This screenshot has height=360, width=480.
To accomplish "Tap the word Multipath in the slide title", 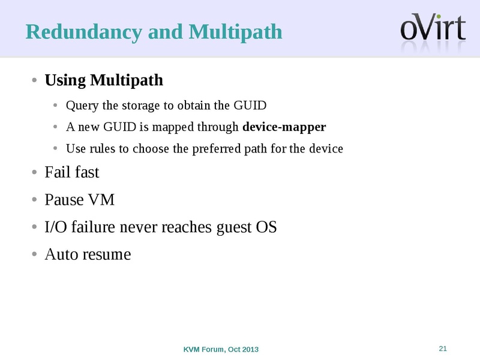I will point(235,32).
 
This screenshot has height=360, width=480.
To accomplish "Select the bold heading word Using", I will point(65,80).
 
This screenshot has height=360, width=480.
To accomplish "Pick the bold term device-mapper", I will point(284,127).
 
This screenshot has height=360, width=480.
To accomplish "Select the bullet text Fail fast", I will point(72,173).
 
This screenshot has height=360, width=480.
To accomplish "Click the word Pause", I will point(64,200).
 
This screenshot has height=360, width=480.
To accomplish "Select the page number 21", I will point(443,349).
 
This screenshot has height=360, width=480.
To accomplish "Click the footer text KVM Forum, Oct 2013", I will point(221,349).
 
